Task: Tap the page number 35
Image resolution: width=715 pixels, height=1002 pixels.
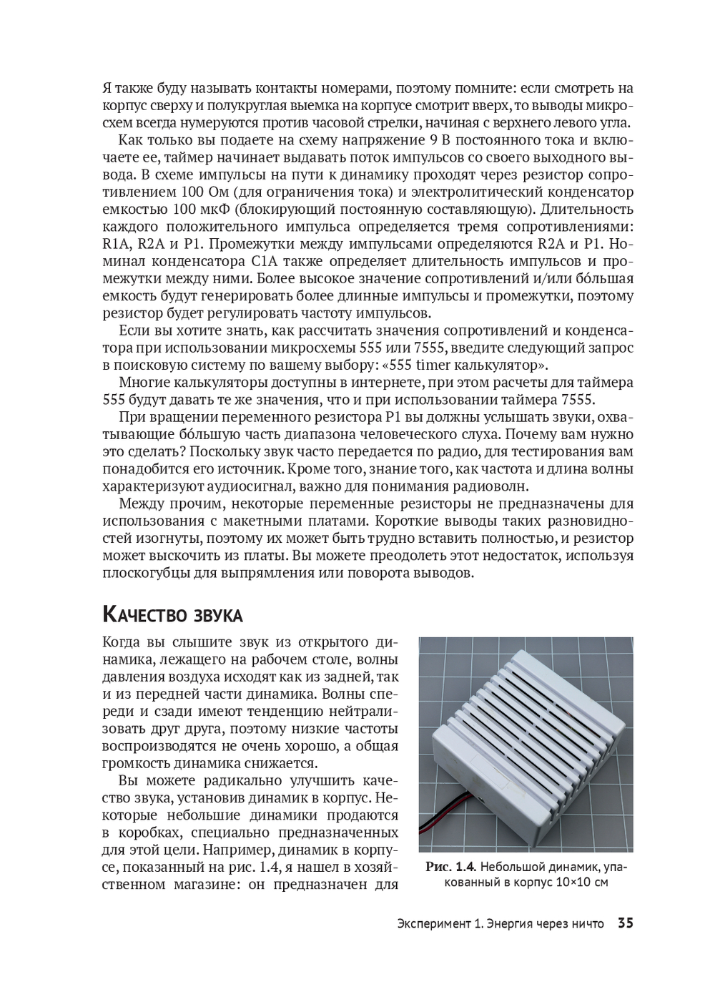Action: coord(625,923)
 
